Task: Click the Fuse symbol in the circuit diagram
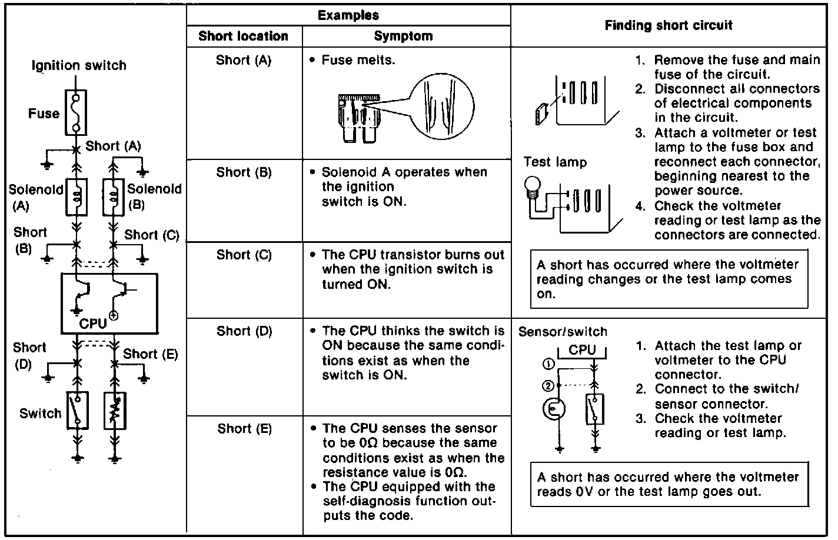click(x=76, y=113)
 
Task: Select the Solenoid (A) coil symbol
click(x=77, y=197)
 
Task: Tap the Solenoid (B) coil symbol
click(x=115, y=197)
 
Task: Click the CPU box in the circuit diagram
click(x=109, y=302)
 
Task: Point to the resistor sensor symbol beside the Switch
click(x=115, y=410)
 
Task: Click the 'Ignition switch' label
click(x=79, y=65)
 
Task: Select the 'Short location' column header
click(x=243, y=36)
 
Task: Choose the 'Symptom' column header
click(x=403, y=36)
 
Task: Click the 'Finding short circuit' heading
click(x=669, y=25)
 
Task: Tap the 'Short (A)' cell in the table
click(x=243, y=60)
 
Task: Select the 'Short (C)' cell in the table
click(x=244, y=255)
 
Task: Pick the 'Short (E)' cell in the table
click(x=244, y=428)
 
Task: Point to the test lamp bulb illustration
click(x=532, y=188)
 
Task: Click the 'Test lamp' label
click(x=555, y=162)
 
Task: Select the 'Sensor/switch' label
click(x=562, y=331)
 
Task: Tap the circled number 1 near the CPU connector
click(x=548, y=364)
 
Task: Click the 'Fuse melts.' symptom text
click(x=358, y=60)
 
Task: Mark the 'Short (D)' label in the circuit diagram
click(x=29, y=356)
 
